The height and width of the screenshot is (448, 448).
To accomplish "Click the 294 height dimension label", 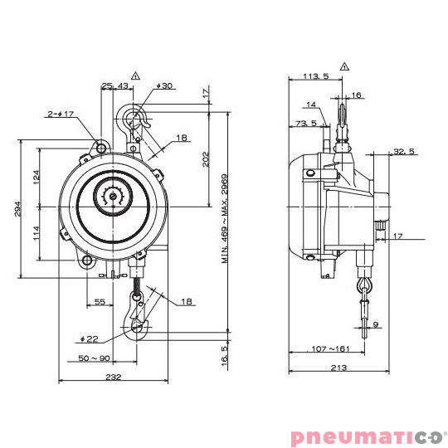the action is click(17, 209).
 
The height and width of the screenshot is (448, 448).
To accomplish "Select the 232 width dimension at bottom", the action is click(114, 377).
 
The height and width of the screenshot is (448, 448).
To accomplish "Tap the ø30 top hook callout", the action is click(164, 85).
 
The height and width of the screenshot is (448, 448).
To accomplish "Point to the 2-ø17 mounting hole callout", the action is click(61, 114).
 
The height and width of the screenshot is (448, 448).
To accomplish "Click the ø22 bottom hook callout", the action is click(89, 339).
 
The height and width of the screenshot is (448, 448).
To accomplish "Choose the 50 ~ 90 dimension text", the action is click(94, 358).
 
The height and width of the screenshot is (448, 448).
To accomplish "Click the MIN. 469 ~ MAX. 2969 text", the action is click(225, 219).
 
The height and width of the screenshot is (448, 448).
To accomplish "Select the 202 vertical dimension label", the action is click(206, 159).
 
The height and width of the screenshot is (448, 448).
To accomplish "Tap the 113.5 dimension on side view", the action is click(316, 76).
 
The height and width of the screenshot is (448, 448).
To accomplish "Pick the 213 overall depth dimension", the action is click(338, 368).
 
